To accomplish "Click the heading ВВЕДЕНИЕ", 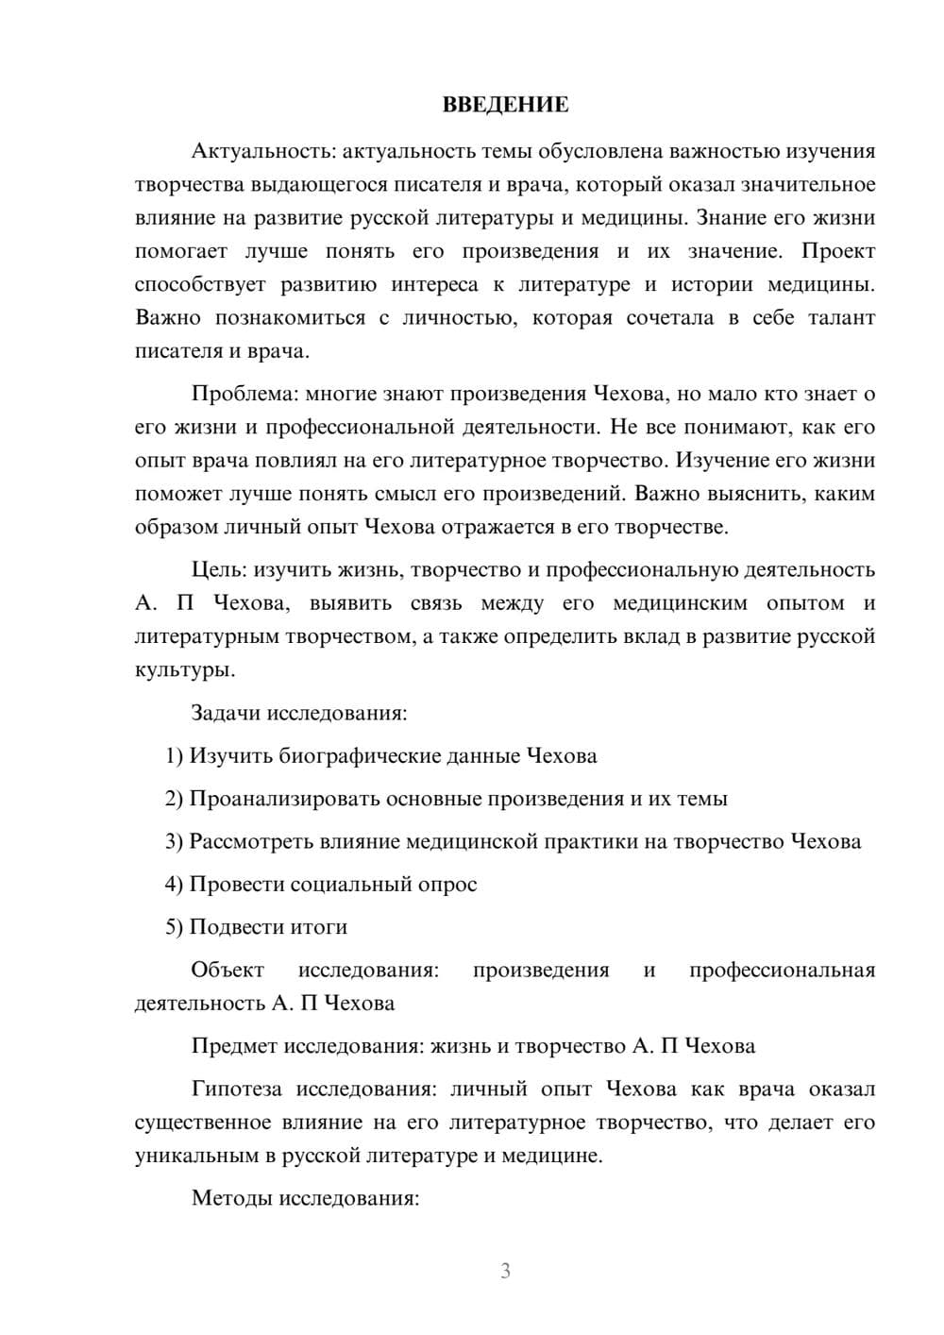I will (505, 105).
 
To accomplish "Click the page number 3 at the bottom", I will (505, 1271).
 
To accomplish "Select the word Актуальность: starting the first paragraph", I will (263, 151).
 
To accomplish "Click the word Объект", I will (228, 971).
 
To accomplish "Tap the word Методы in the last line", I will (227, 1199).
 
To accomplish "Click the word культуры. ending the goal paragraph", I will (185, 670).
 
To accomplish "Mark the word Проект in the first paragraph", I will (838, 251).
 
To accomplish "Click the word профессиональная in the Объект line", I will (782, 971).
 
